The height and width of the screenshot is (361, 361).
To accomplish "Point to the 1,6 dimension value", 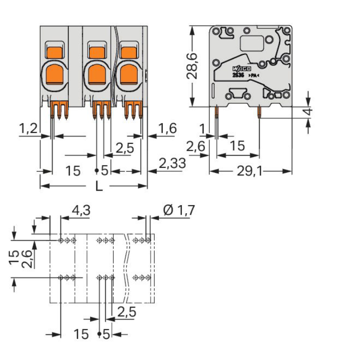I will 167,129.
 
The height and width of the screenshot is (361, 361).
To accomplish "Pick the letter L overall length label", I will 98,186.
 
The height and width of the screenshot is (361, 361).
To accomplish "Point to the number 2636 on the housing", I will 238,76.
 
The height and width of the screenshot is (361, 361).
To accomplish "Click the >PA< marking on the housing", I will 254,77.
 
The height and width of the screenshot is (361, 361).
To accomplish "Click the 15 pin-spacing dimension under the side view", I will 236,146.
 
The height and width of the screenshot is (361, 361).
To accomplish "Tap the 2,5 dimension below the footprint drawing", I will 126,312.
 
